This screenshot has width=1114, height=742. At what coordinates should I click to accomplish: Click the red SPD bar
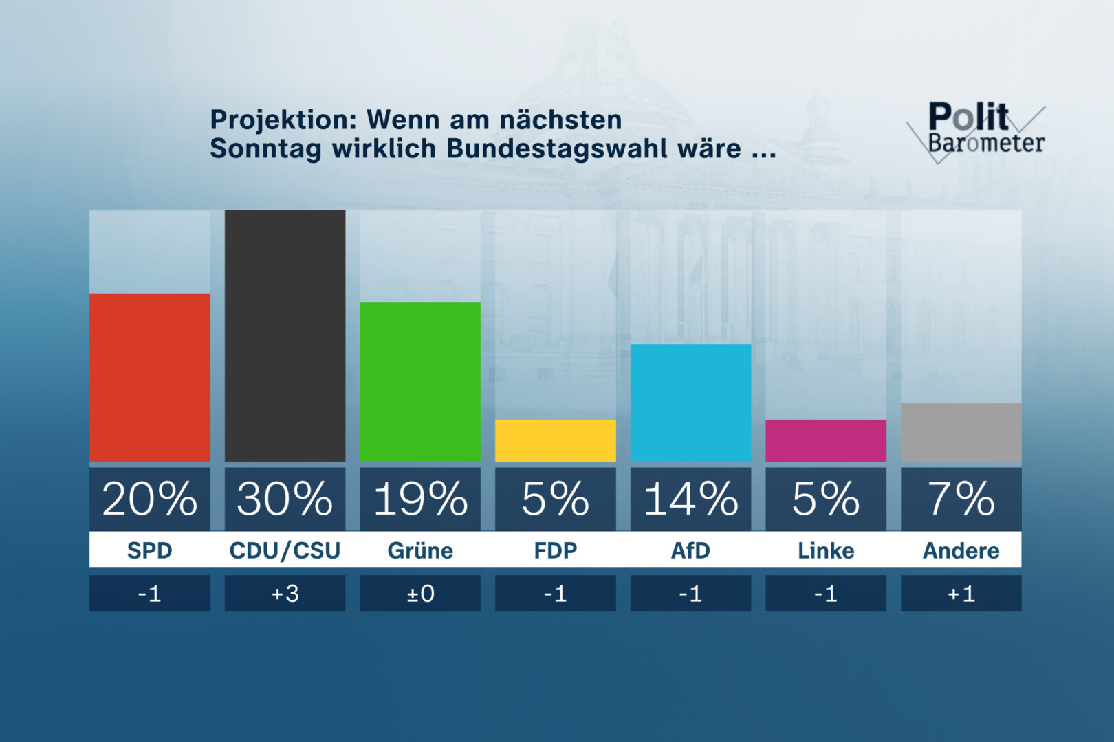point(149,378)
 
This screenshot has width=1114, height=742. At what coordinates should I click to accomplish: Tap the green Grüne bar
point(420,382)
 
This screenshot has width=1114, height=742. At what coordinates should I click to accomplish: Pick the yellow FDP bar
point(555,440)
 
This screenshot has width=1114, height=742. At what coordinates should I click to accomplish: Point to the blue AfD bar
point(690,403)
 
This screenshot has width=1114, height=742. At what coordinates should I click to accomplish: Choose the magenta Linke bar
point(825,440)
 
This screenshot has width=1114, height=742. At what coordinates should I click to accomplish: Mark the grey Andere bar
point(961,432)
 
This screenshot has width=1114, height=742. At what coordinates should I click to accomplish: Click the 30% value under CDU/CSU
point(285,499)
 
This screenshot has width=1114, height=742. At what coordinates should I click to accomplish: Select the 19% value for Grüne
point(420,499)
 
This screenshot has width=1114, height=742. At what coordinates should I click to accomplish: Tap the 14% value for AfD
point(690,499)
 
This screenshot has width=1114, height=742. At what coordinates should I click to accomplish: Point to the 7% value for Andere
point(961,499)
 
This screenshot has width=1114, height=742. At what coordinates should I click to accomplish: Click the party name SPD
point(149,550)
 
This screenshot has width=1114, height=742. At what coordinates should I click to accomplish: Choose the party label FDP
point(555,550)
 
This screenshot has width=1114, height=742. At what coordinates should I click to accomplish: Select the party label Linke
point(825,550)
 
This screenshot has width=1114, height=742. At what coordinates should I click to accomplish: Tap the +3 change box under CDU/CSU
point(285,593)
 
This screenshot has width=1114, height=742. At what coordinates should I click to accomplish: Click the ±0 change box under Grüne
point(420,593)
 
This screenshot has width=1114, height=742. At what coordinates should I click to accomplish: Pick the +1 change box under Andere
point(961,593)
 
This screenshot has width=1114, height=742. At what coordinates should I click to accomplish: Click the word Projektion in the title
point(283,120)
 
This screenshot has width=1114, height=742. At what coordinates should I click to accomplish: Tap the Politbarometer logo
point(976,131)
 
